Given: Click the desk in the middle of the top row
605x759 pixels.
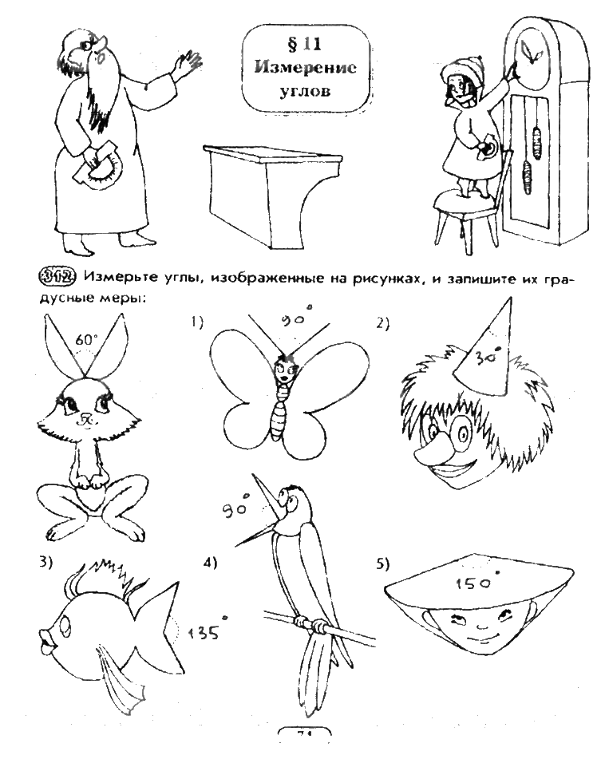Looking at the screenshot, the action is tap(255, 184).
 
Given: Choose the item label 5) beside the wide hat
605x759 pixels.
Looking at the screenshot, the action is tap(382, 564).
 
